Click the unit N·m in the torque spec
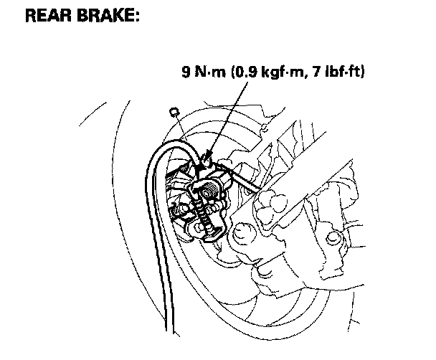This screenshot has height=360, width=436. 208,73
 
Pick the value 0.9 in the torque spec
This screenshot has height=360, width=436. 244,73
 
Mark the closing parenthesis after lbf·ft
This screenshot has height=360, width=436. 364,73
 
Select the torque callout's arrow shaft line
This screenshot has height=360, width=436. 228,115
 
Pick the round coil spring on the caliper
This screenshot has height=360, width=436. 210,190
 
